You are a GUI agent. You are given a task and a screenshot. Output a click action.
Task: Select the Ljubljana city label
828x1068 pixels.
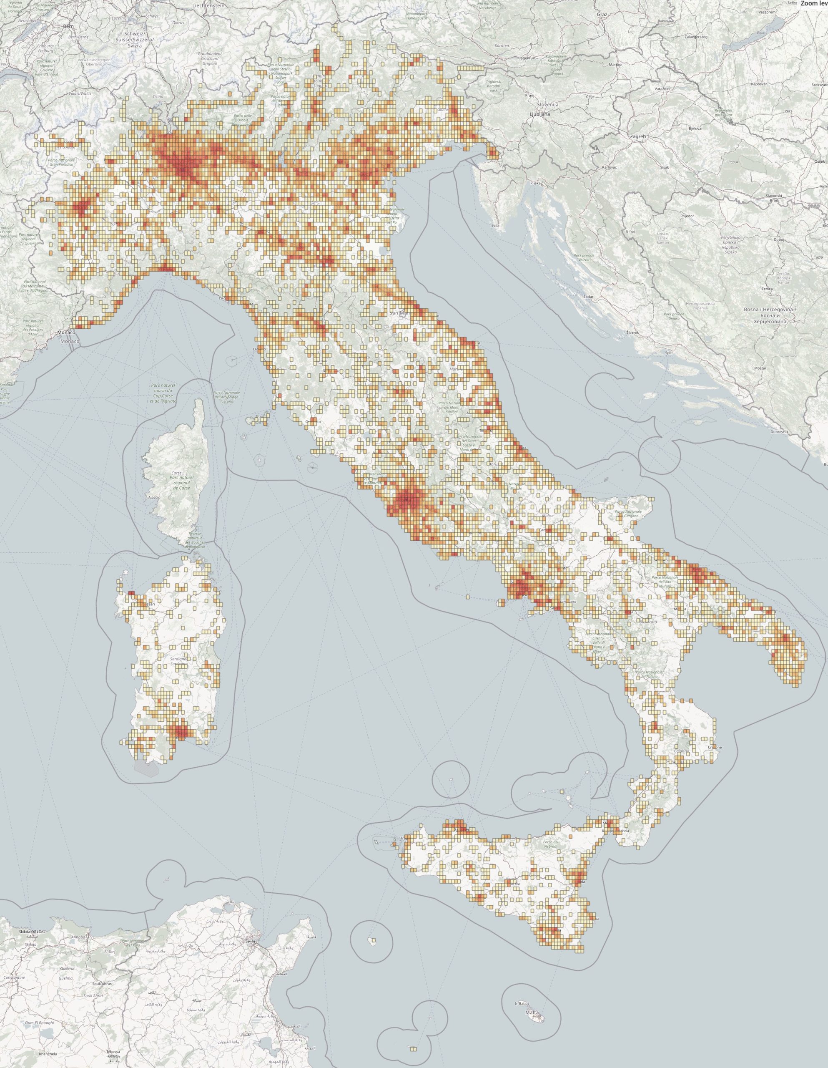pos(539,114)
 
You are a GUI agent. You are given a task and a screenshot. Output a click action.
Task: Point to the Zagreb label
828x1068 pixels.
pos(638,137)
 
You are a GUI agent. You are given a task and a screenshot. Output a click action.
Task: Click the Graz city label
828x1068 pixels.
pos(602,15)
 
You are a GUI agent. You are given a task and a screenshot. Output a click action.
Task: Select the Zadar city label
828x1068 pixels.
pos(589,297)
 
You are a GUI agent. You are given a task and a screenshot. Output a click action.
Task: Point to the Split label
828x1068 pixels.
pos(669,353)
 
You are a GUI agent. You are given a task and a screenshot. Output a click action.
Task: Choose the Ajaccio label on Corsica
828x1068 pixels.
pos(153,497)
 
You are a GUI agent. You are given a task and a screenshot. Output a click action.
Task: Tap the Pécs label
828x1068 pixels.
pos(788,111)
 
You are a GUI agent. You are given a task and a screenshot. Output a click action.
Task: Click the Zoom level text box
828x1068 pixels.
pos(814,3)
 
